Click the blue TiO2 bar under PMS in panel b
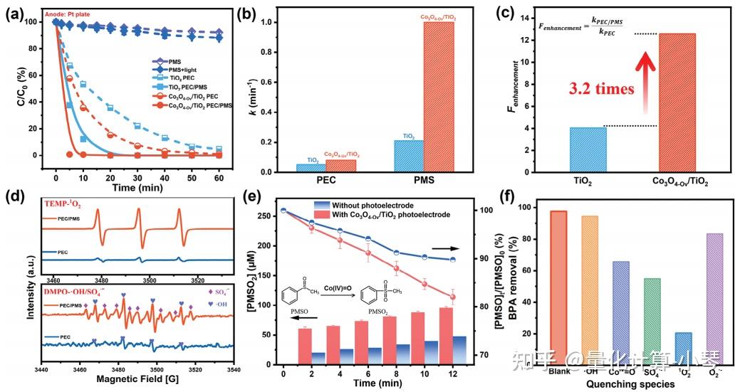coord(408,156)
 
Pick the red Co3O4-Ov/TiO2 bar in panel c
coord(677,102)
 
